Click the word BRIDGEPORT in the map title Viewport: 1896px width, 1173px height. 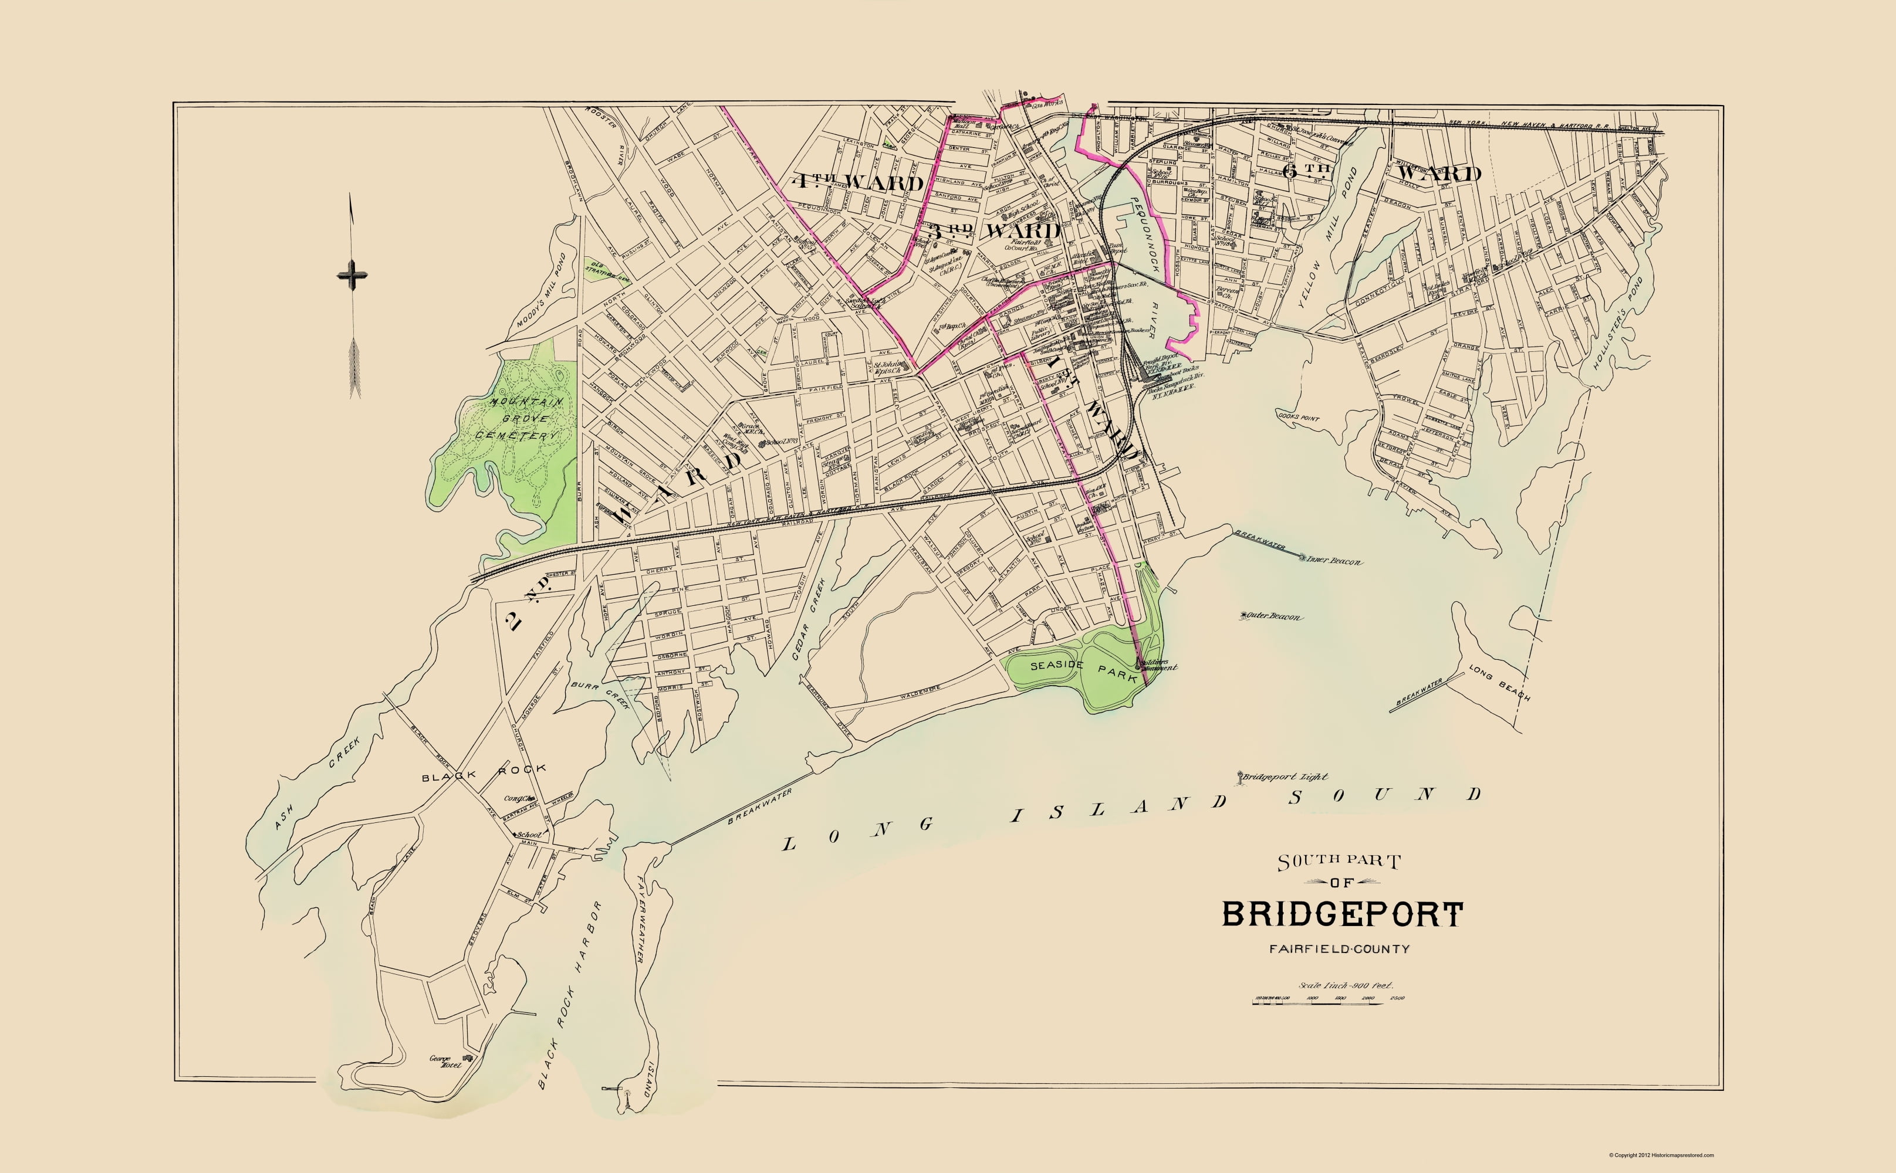click(1342, 915)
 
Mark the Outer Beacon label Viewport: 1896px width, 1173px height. click(1275, 618)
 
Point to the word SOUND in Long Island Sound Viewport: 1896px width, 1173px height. click(1385, 796)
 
